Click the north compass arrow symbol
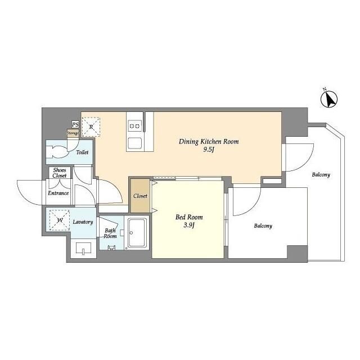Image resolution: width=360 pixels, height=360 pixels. point(329,99)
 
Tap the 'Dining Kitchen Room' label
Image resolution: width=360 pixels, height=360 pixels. point(209,141)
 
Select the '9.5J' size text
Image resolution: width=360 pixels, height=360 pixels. point(209,150)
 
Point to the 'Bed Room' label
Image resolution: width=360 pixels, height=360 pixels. point(189,217)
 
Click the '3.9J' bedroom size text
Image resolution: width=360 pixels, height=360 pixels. point(189,226)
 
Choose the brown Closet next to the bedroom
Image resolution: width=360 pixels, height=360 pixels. point(140,196)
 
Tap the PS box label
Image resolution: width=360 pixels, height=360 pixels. point(75,125)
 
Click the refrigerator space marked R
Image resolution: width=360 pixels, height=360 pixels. point(91,127)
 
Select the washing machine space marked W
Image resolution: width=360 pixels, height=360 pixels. point(60,220)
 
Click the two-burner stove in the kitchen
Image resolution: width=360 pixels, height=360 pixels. point(135,126)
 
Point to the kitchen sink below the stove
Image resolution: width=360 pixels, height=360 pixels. point(135,143)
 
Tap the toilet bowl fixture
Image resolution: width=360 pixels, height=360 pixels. point(57,152)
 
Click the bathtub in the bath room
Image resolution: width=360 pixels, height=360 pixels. point(137,233)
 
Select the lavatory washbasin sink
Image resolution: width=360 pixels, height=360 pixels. point(83,249)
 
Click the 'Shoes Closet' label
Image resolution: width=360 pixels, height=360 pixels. point(60,173)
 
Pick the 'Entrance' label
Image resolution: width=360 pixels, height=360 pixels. point(58,193)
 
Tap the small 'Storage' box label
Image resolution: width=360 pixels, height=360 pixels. point(73,133)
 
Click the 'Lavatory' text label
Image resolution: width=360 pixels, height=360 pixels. point(83,222)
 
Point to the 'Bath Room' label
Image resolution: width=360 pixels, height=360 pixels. point(110,233)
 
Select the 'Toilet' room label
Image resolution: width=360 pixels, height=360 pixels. point(82,152)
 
